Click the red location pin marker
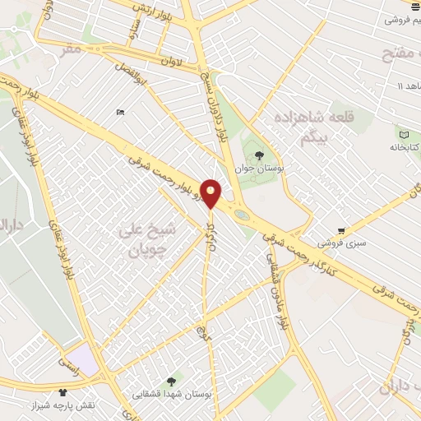[211, 192]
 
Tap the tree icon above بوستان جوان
[259, 154]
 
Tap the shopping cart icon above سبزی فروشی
[341, 230]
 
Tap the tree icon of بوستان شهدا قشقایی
[171, 381]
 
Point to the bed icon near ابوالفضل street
[121, 113]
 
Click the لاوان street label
[170, 61]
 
